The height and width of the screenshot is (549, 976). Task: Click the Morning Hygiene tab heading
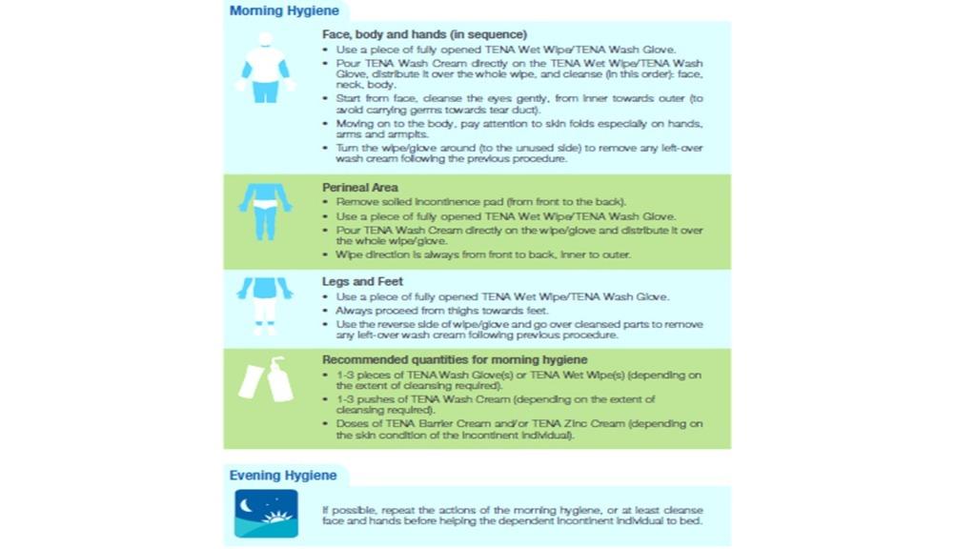284,11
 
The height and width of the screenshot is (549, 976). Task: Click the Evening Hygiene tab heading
283,475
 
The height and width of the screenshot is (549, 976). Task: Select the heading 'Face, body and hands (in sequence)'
424,34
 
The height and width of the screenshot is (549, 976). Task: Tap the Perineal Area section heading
360,188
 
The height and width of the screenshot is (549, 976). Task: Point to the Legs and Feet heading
362,282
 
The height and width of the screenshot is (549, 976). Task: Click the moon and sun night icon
266,513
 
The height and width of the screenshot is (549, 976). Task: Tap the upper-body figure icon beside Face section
265,67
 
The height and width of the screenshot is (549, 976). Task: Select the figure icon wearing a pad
266,210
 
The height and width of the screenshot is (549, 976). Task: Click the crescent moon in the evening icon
250,502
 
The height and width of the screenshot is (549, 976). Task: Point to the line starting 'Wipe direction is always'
482,254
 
